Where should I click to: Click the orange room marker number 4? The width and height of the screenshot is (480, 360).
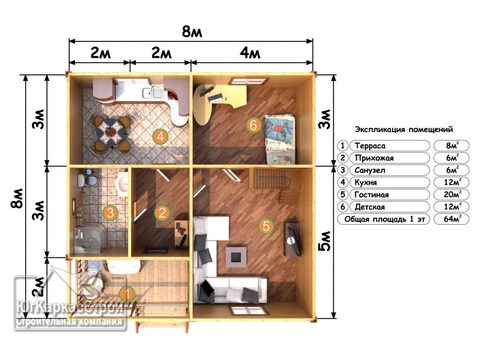tap(161, 136)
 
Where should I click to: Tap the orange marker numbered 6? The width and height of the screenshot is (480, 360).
tap(253, 125)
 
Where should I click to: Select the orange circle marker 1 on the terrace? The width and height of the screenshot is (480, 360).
tap(127, 293)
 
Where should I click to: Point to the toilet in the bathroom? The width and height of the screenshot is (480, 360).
tap(87, 180)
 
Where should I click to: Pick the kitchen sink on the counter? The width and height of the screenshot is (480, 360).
tap(152, 92)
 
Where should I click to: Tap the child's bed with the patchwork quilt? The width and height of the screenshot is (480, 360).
tap(280, 139)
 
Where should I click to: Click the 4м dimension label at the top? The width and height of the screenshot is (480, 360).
tap(250, 53)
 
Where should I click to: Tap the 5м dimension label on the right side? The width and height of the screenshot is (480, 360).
tap(325, 241)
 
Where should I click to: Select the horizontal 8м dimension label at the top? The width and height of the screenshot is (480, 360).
tap(192, 31)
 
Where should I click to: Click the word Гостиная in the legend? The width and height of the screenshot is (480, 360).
tap(371, 195)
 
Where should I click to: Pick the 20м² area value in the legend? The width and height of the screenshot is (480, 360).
tap(453, 194)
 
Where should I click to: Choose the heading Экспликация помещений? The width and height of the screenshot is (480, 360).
tap(404, 129)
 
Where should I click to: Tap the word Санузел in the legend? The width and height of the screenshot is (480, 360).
tap(369, 170)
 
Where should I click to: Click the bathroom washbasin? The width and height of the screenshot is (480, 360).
tap(123, 184)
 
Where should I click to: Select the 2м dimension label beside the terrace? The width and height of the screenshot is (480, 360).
tap(39, 287)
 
